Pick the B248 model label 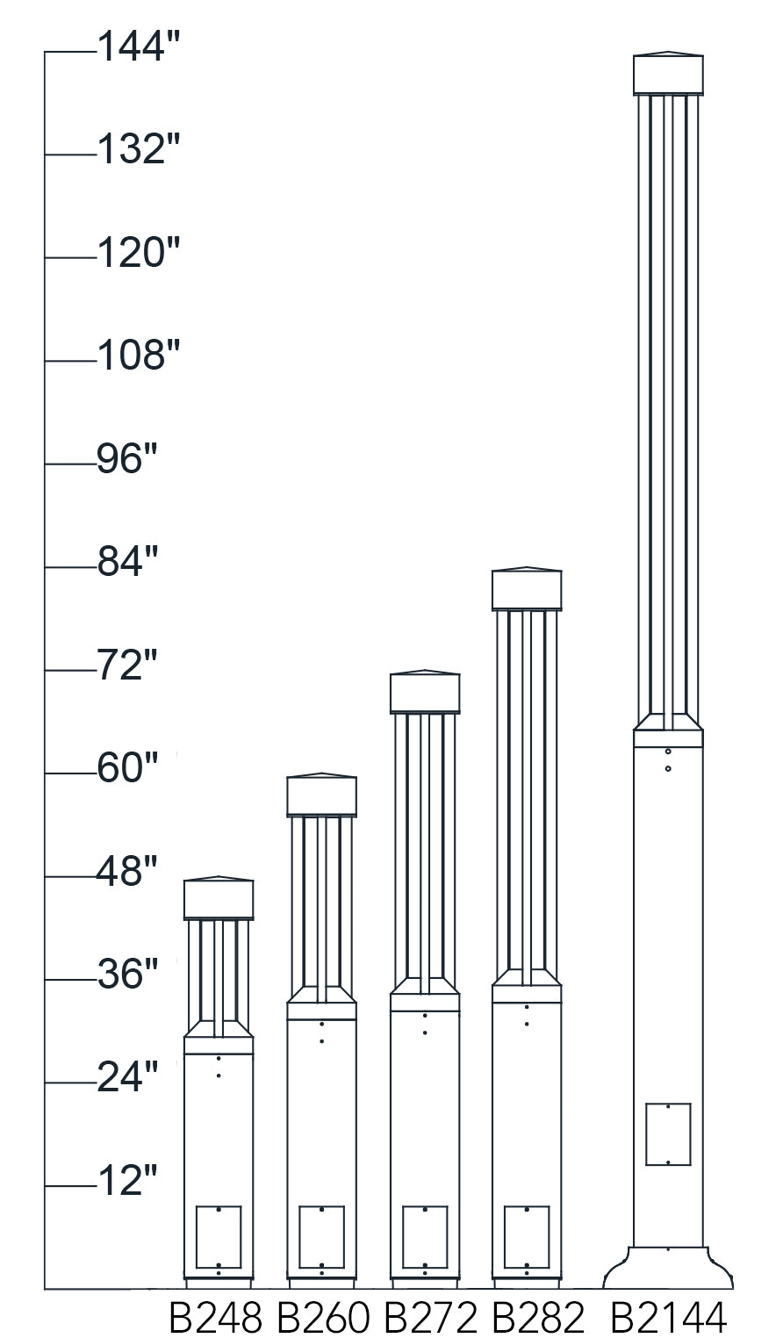click(x=215, y=1317)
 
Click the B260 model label click(x=323, y=1317)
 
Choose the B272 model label click(x=430, y=1317)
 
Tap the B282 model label click(x=538, y=1317)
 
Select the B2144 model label click(x=669, y=1317)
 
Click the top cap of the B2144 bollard click(x=669, y=75)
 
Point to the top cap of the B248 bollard click(x=219, y=898)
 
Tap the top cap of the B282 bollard click(x=527, y=589)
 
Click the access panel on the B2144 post click(x=669, y=1133)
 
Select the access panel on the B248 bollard click(x=219, y=1237)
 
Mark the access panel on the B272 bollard click(x=426, y=1237)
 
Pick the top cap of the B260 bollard click(x=322, y=795)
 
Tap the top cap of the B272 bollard click(x=425, y=693)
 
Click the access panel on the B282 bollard click(x=527, y=1237)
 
